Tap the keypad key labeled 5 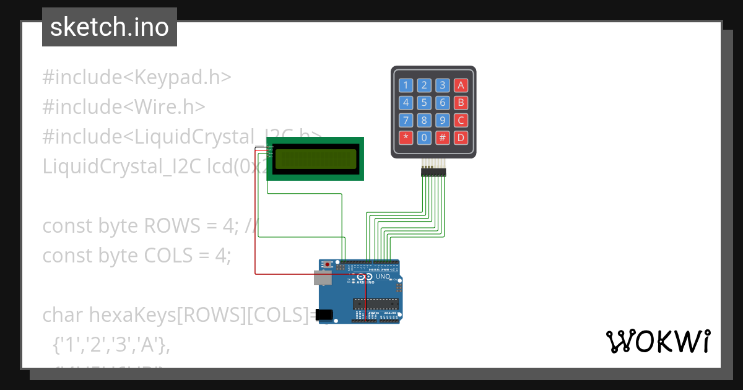click(x=424, y=103)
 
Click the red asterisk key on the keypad click(x=406, y=137)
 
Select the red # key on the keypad click(x=442, y=137)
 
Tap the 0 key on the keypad click(x=424, y=137)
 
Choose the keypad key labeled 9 click(x=442, y=120)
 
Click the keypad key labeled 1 click(x=406, y=85)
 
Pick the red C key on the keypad click(x=461, y=120)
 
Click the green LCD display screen click(x=316, y=159)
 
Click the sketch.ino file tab click(x=110, y=27)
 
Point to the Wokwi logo click(x=658, y=342)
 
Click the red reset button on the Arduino click(x=328, y=265)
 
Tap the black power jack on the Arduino click(x=324, y=315)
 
